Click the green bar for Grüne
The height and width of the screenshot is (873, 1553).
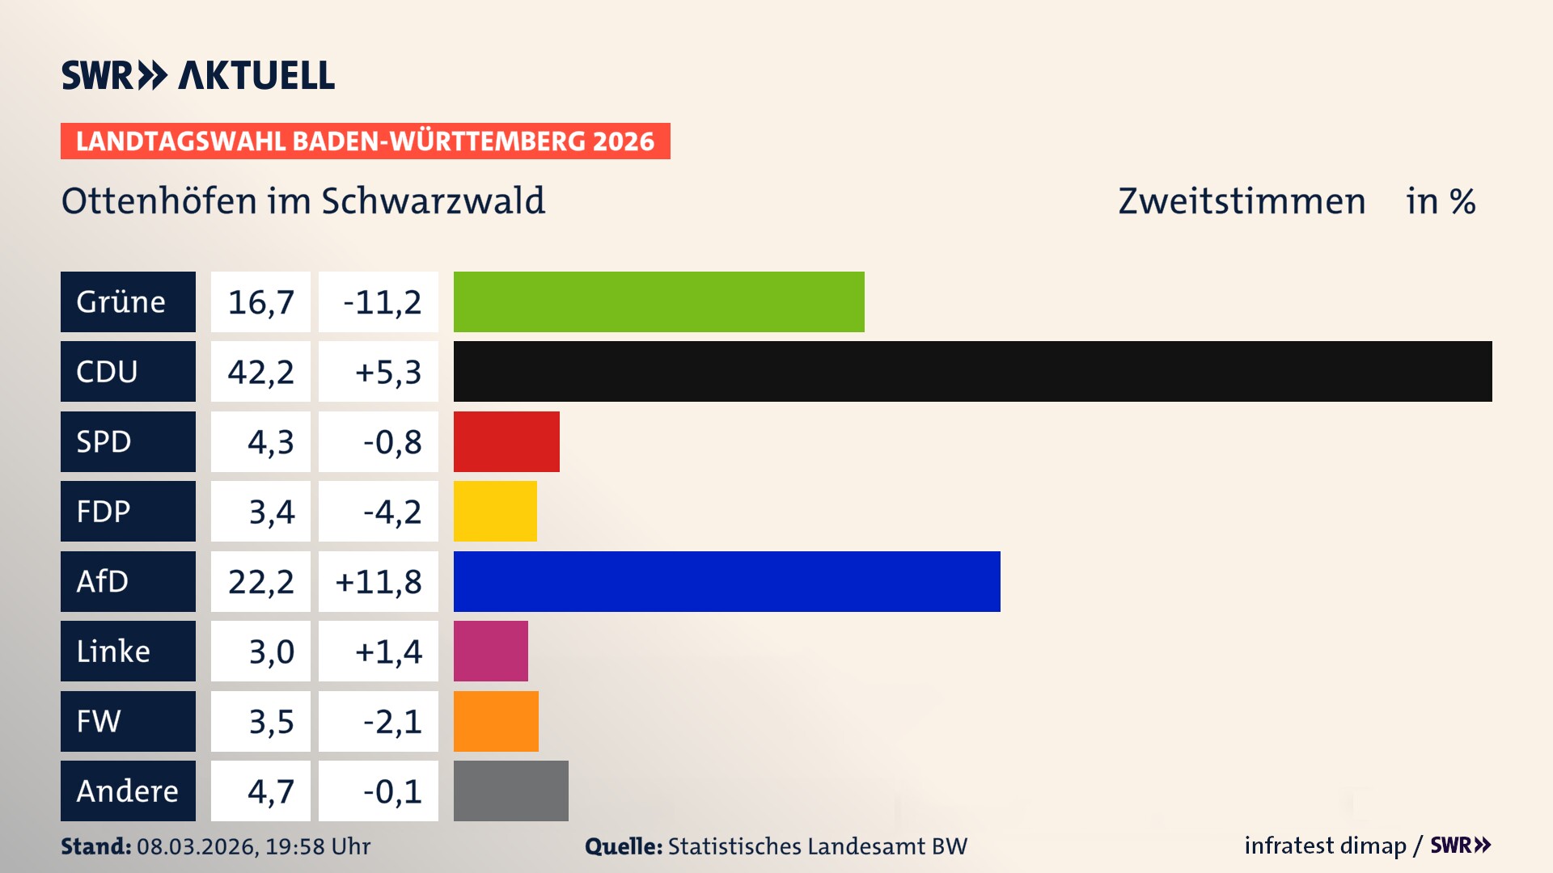658,302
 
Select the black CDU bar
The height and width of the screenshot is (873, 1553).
972,372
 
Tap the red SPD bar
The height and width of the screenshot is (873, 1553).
506,441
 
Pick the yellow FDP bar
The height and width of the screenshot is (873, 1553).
495,511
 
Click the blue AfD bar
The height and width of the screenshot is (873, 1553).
726,581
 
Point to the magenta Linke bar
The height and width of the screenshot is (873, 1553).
490,651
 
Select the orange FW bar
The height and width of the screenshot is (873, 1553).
496,721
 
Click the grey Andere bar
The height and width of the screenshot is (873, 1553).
510,791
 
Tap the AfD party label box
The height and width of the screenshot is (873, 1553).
128,581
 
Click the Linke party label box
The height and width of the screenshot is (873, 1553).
128,651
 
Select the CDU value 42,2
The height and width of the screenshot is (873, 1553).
260,372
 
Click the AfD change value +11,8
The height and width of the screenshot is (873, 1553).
379,581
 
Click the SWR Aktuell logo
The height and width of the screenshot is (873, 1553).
197,75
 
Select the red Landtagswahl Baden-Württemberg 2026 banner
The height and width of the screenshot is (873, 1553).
365,141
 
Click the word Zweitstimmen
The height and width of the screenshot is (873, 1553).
1242,201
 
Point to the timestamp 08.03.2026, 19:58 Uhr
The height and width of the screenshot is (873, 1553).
253,846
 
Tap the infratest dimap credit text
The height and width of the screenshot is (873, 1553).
1325,846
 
